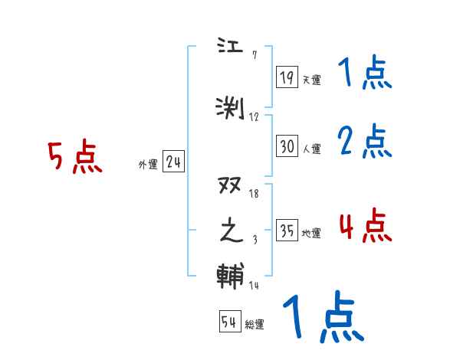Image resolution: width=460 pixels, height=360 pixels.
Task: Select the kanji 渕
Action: (x=231, y=107)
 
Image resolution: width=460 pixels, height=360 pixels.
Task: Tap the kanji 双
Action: (x=231, y=187)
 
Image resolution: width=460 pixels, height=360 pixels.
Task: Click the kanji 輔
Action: (x=231, y=275)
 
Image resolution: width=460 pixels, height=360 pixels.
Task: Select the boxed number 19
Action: (x=287, y=77)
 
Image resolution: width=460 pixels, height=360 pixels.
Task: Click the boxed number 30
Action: (x=287, y=146)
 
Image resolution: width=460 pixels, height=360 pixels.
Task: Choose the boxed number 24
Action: (x=173, y=162)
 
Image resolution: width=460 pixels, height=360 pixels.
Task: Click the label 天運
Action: (x=311, y=80)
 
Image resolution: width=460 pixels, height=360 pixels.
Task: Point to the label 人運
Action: (x=311, y=149)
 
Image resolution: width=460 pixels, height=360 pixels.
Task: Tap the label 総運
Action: (x=255, y=325)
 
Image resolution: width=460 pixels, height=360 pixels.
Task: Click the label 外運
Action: (x=148, y=165)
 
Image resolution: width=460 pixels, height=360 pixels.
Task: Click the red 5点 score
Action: (x=74, y=157)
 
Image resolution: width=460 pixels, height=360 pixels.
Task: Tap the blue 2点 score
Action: (x=365, y=141)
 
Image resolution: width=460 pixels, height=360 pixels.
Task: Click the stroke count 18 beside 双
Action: (x=255, y=195)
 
